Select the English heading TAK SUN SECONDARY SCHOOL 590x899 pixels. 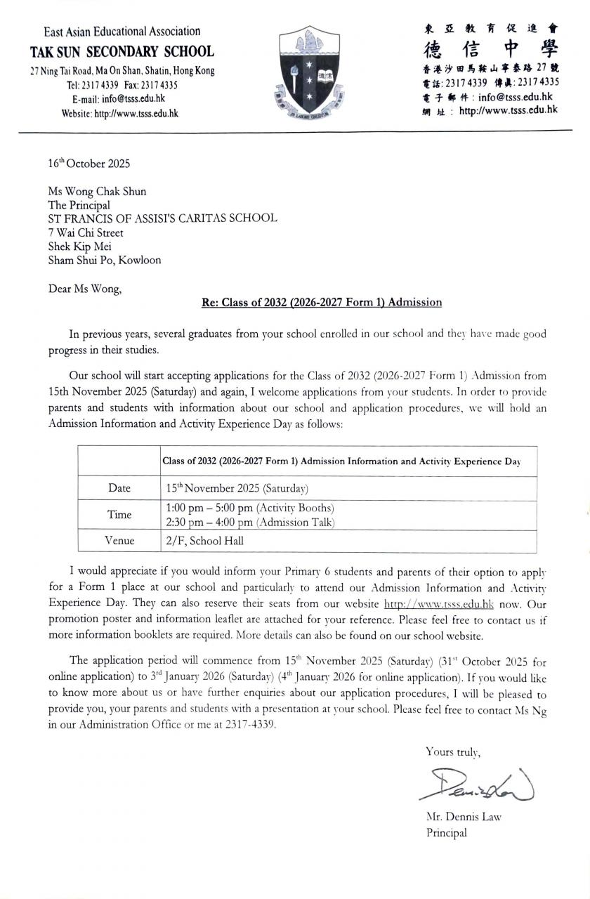(122, 51)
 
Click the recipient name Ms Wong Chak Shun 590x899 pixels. (97, 191)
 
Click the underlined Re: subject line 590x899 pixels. (322, 302)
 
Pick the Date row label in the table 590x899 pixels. (119, 488)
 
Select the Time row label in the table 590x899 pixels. (119, 514)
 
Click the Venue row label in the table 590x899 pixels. (119, 541)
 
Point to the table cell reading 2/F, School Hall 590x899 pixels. (205, 541)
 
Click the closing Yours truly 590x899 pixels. (452, 752)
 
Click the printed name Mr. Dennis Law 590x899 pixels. (464, 817)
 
